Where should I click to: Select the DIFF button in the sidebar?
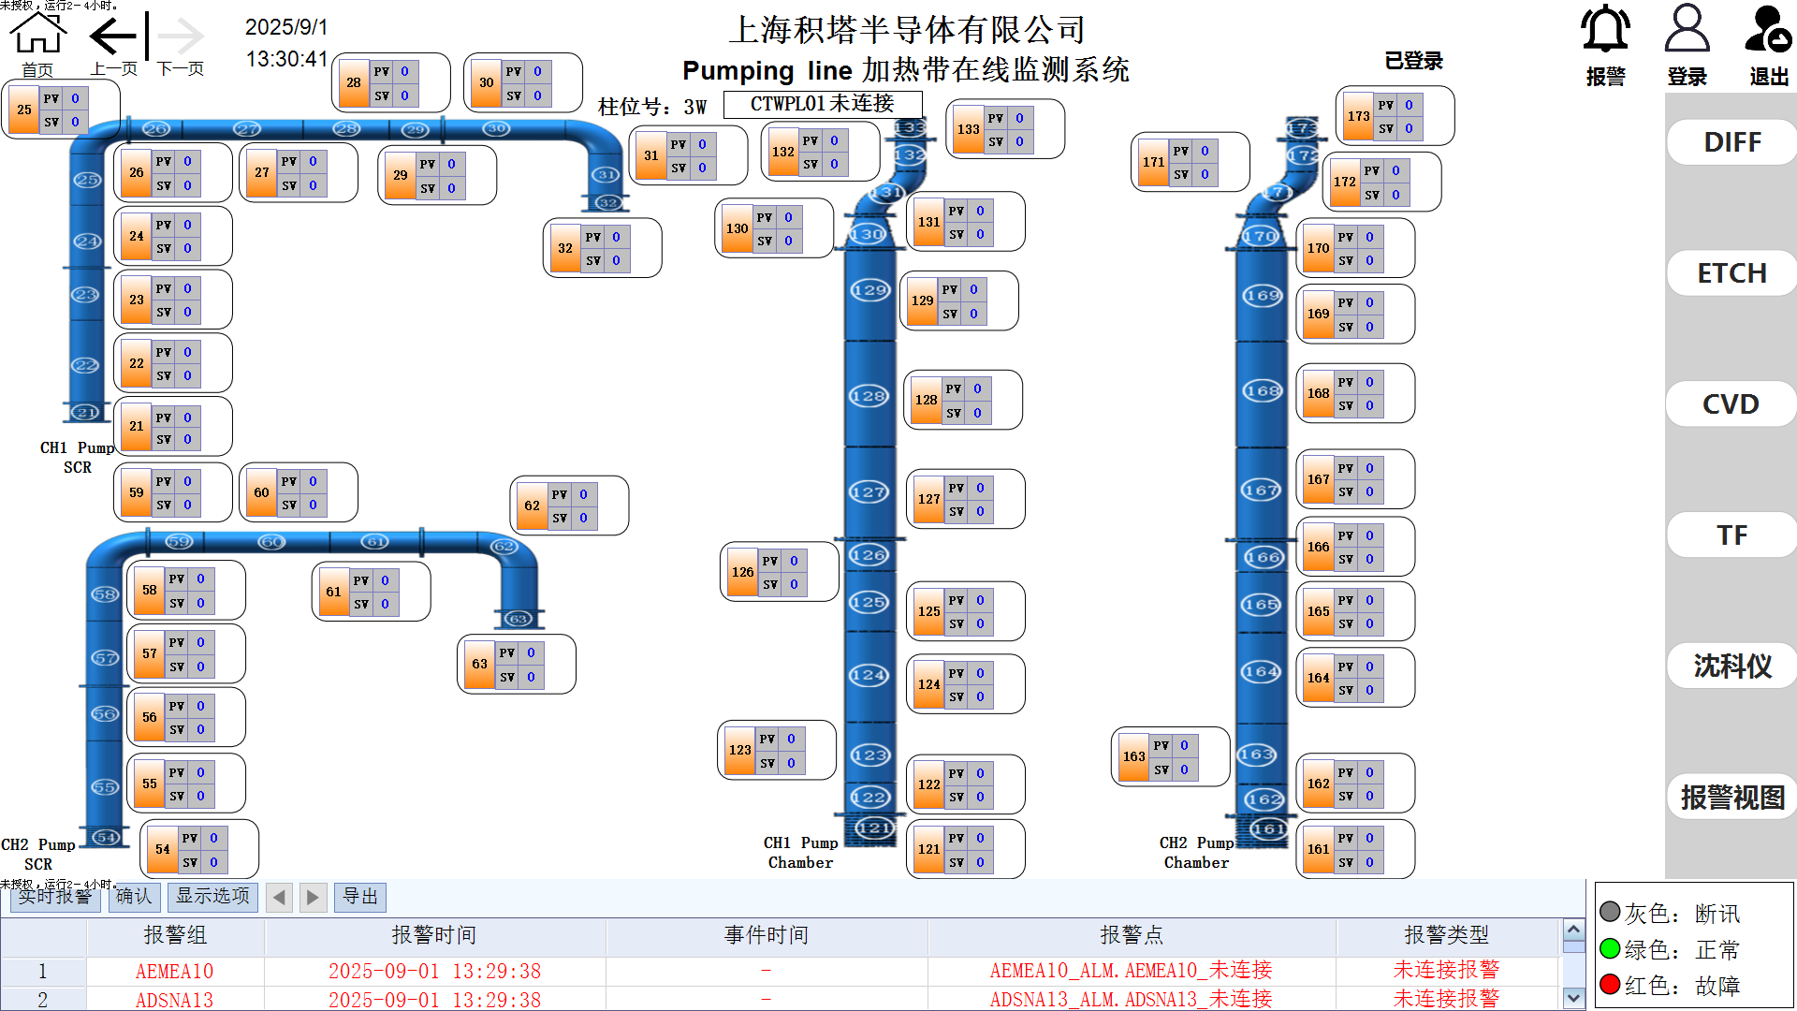click(1731, 142)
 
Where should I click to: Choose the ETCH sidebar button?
click(1731, 273)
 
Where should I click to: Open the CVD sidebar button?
click(1731, 404)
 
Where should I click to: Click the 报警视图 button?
click(1731, 798)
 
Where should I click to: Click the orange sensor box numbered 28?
click(353, 82)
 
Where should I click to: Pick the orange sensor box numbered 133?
click(968, 129)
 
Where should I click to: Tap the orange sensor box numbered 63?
click(479, 664)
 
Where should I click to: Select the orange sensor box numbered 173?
click(1358, 116)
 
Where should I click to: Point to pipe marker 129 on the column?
click(869, 290)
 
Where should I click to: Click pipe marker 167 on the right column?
click(1261, 490)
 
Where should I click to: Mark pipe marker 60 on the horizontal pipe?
click(271, 542)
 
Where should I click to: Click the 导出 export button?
click(359, 897)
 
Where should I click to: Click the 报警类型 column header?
click(1446, 935)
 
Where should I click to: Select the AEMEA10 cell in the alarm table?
click(175, 971)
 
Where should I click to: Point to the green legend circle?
click(1610, 949)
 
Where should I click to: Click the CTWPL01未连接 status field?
click(822, 104)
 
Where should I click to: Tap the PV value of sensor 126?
click(794, 561)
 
